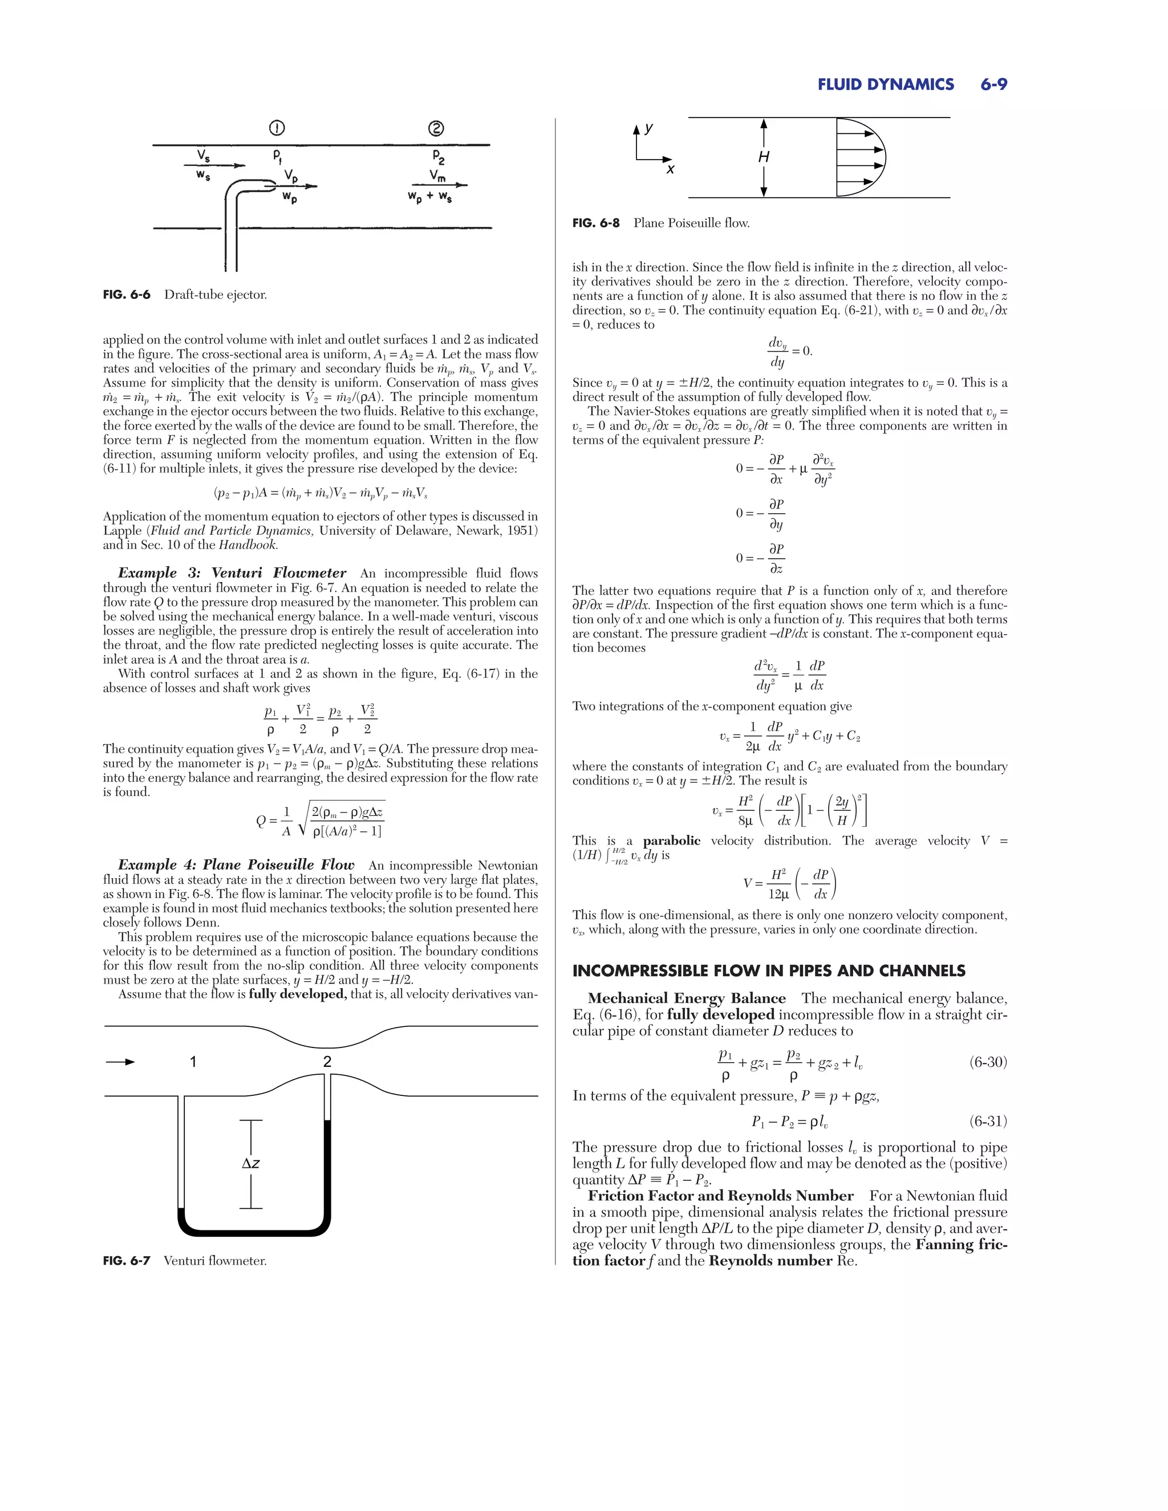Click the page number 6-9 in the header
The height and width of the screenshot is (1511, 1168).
[993, 84]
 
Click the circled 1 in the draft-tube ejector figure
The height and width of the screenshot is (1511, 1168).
[276, 128]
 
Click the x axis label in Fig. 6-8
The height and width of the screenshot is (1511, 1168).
[670, 169]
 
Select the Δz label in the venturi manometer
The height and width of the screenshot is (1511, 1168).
[250, 1164]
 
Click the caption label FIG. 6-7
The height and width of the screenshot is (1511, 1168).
[127, 1261]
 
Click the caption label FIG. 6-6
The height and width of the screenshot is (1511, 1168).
[127, 295]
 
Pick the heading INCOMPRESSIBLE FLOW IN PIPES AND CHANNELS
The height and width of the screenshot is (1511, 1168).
[769, 970]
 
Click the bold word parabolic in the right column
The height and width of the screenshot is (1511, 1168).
[671, 840]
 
